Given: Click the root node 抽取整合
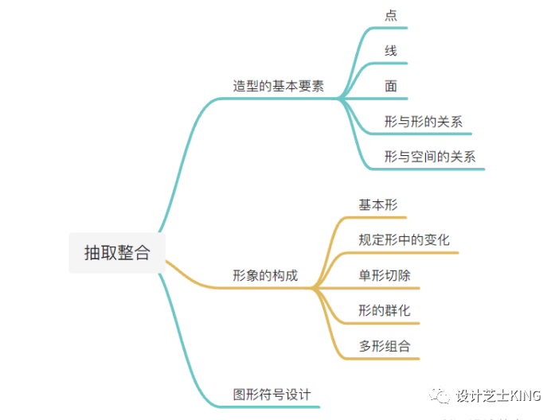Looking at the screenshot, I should pyautogui.click(x=117, y=252).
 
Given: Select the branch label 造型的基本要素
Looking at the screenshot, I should pyautogui.click(x=278, y=87).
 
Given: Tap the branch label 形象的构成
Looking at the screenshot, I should pyautogui.click(x=265, y=276).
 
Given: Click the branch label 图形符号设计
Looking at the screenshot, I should pyautogui.click(x=272, y=394).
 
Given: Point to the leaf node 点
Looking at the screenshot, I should pyautogui.click(x=390, y=16).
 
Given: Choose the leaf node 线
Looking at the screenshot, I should pyautogui.click(x=390, y=51).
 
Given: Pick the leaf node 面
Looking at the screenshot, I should pyautogui.click(x=390, y=86).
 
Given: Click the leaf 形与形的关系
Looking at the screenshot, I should pyautogui.click(x=423, y=122).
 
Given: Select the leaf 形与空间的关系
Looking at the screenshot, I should pyautogui.click(x=429, y=157).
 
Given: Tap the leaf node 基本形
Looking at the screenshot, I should pyautogui.click(x=377, y=205).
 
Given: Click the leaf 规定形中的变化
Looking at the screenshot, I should pyautogui.click(x=404, y=240).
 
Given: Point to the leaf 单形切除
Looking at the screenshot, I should pyautogui.click(x=385, y=275).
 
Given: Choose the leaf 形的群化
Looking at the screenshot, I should pyautogui.click(x=385, y=310).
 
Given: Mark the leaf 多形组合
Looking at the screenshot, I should pyautogui.click(x=385, y=345).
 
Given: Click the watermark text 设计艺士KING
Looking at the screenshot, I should pyautogui.click(x=498, y=395).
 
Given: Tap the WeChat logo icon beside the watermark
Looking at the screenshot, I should pyautogui.click(x=440, y=395).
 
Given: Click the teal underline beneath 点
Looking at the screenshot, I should pyautogui.click(x=390, y=29).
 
